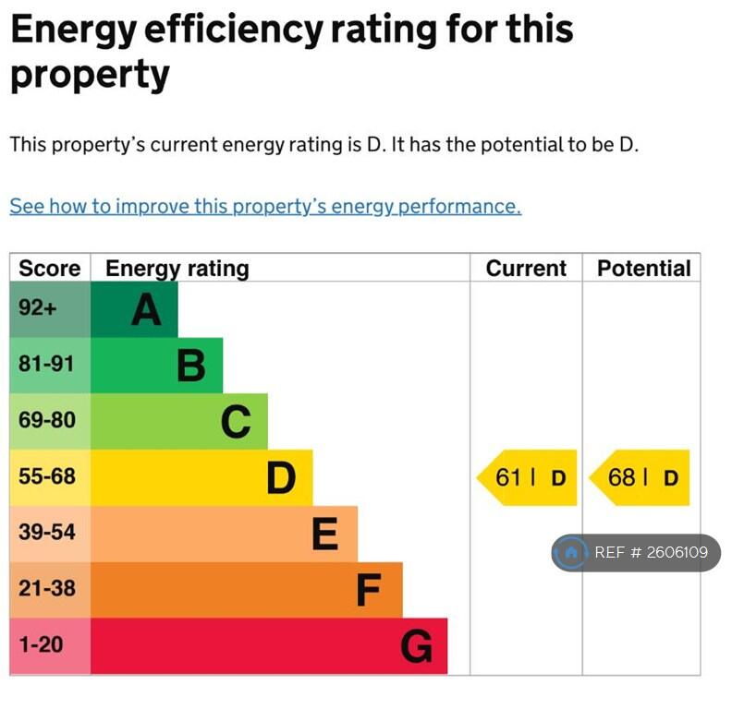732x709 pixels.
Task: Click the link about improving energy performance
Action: (265, 206)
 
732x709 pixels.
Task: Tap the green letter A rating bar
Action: (134, 309)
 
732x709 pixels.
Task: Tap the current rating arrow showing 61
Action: (528, 478)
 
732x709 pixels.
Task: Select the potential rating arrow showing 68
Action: (640, 478)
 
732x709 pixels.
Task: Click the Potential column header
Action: (643, 269)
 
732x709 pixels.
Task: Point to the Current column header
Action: (526, 269)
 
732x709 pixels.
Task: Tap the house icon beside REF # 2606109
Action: (571, 553)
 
